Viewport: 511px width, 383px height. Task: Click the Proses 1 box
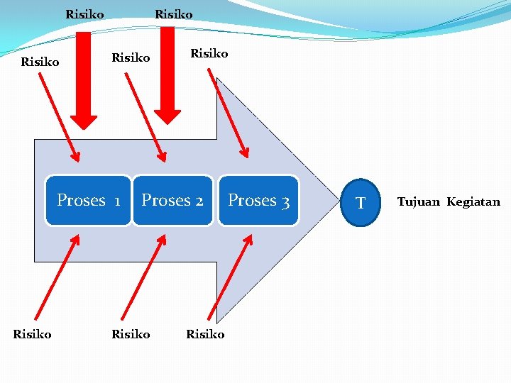89,201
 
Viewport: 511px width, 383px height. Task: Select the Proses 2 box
172,201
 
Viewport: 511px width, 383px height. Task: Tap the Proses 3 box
258,201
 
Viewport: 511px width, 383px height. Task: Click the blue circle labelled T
361,203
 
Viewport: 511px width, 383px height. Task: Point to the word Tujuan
419,202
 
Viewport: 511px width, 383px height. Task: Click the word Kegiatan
473,202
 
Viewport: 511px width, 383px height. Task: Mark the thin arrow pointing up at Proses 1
55,279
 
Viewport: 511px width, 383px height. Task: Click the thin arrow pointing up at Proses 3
230,279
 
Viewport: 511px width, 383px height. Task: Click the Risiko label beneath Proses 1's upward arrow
33,333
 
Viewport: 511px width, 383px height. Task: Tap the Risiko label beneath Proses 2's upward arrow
131,333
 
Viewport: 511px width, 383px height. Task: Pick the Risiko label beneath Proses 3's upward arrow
205,333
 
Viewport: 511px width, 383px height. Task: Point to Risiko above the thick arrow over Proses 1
84,14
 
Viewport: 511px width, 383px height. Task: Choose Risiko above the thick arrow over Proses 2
174,14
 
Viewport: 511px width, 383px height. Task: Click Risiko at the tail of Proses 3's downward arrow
209,53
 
